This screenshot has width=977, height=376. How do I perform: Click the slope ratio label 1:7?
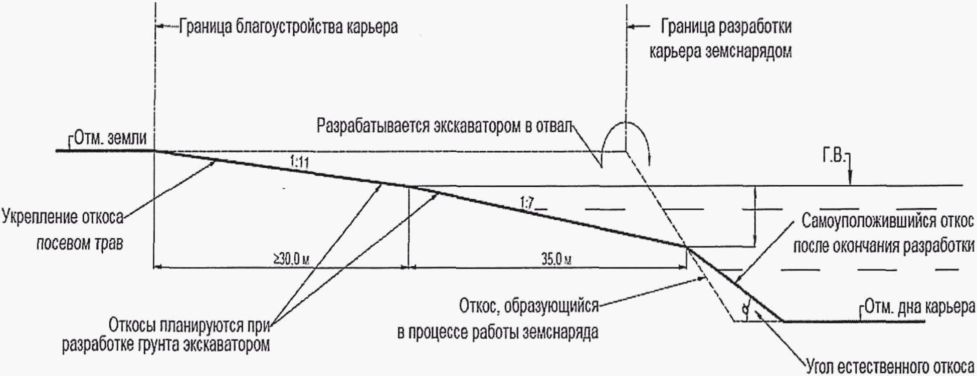pyautogui.click(x=527, y=203)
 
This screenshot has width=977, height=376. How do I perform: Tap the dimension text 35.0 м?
pyautogui.click(x=557, y=260)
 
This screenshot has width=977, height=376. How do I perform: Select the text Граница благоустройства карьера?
pyautogui.click(x=288, y=27)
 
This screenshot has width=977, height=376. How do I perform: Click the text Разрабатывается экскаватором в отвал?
pyautogui.click(x=444, y=126)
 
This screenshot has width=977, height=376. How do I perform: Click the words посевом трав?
pyautogui.click(x=79, y=244)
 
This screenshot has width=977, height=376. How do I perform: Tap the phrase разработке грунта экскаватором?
pyautogui.click(x=165, y=345)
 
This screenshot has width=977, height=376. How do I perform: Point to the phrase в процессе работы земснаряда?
pyautogui.click(x=498, y=332)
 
